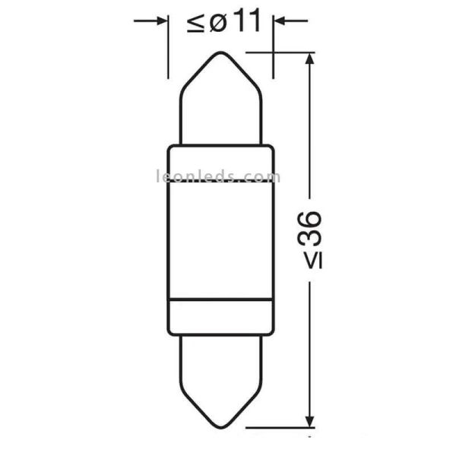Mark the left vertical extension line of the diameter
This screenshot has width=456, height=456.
pyautogui.click(x=168, y=49)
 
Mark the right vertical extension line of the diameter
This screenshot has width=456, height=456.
pyautogui.click(x=271, y=49)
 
